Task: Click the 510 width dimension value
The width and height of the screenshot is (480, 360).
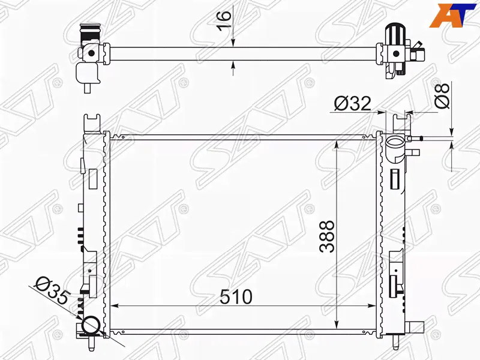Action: tap(236, 296)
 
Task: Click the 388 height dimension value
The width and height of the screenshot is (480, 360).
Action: tap(326, 236)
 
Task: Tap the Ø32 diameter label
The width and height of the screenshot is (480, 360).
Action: tap(352, 103)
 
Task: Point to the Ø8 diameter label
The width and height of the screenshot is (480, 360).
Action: tap(442, 95)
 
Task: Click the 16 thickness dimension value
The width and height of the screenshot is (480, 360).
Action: tap(224, 20)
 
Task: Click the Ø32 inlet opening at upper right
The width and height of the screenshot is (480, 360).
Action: tap(395, 142)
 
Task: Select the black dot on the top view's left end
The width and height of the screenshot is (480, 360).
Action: tap(91, 53)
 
